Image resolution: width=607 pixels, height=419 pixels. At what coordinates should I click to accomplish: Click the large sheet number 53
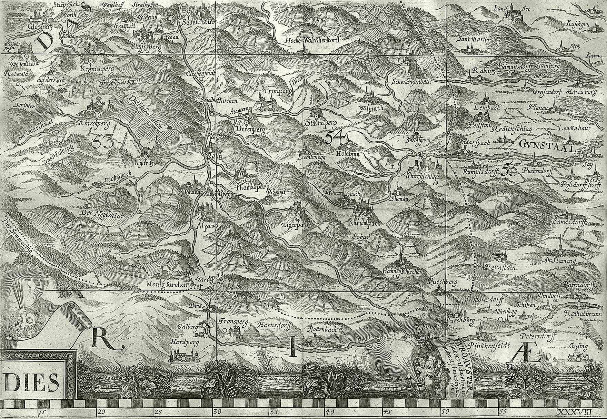point(103,141)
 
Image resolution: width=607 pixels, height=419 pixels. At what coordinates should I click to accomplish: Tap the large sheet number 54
point(334,138)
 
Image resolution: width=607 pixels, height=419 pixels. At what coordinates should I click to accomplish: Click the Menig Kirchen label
point(166,285)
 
